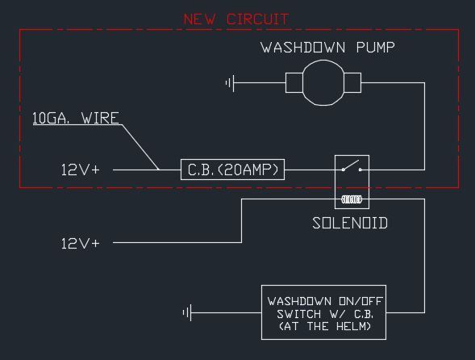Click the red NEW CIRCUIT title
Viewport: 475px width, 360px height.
click(236, 19)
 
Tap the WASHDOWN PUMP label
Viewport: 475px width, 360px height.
click(328, 48)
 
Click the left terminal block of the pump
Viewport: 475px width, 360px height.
click(294, 82)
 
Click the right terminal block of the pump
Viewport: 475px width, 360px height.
click(352, 82)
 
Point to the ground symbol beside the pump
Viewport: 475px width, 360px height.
click(230, 82)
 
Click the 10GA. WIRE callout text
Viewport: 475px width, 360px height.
click(76, 118)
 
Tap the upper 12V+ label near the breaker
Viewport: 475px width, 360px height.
click(81, 170)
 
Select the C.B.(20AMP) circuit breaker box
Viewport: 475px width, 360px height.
click(232, 170)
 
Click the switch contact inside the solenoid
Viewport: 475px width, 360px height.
click(352, 165)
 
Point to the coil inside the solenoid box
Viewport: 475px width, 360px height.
click(352, 199)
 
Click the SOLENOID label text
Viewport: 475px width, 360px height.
click(350, 224)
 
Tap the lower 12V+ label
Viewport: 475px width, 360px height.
click(81, 244)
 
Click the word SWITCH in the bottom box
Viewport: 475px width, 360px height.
click(299, 314)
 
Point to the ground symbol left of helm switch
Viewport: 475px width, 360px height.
click(188, 312)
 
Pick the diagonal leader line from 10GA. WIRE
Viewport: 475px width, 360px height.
click(140, 147)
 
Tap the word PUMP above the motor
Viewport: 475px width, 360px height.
click(376, 48)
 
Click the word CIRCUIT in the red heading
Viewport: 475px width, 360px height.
click(258, 19)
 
